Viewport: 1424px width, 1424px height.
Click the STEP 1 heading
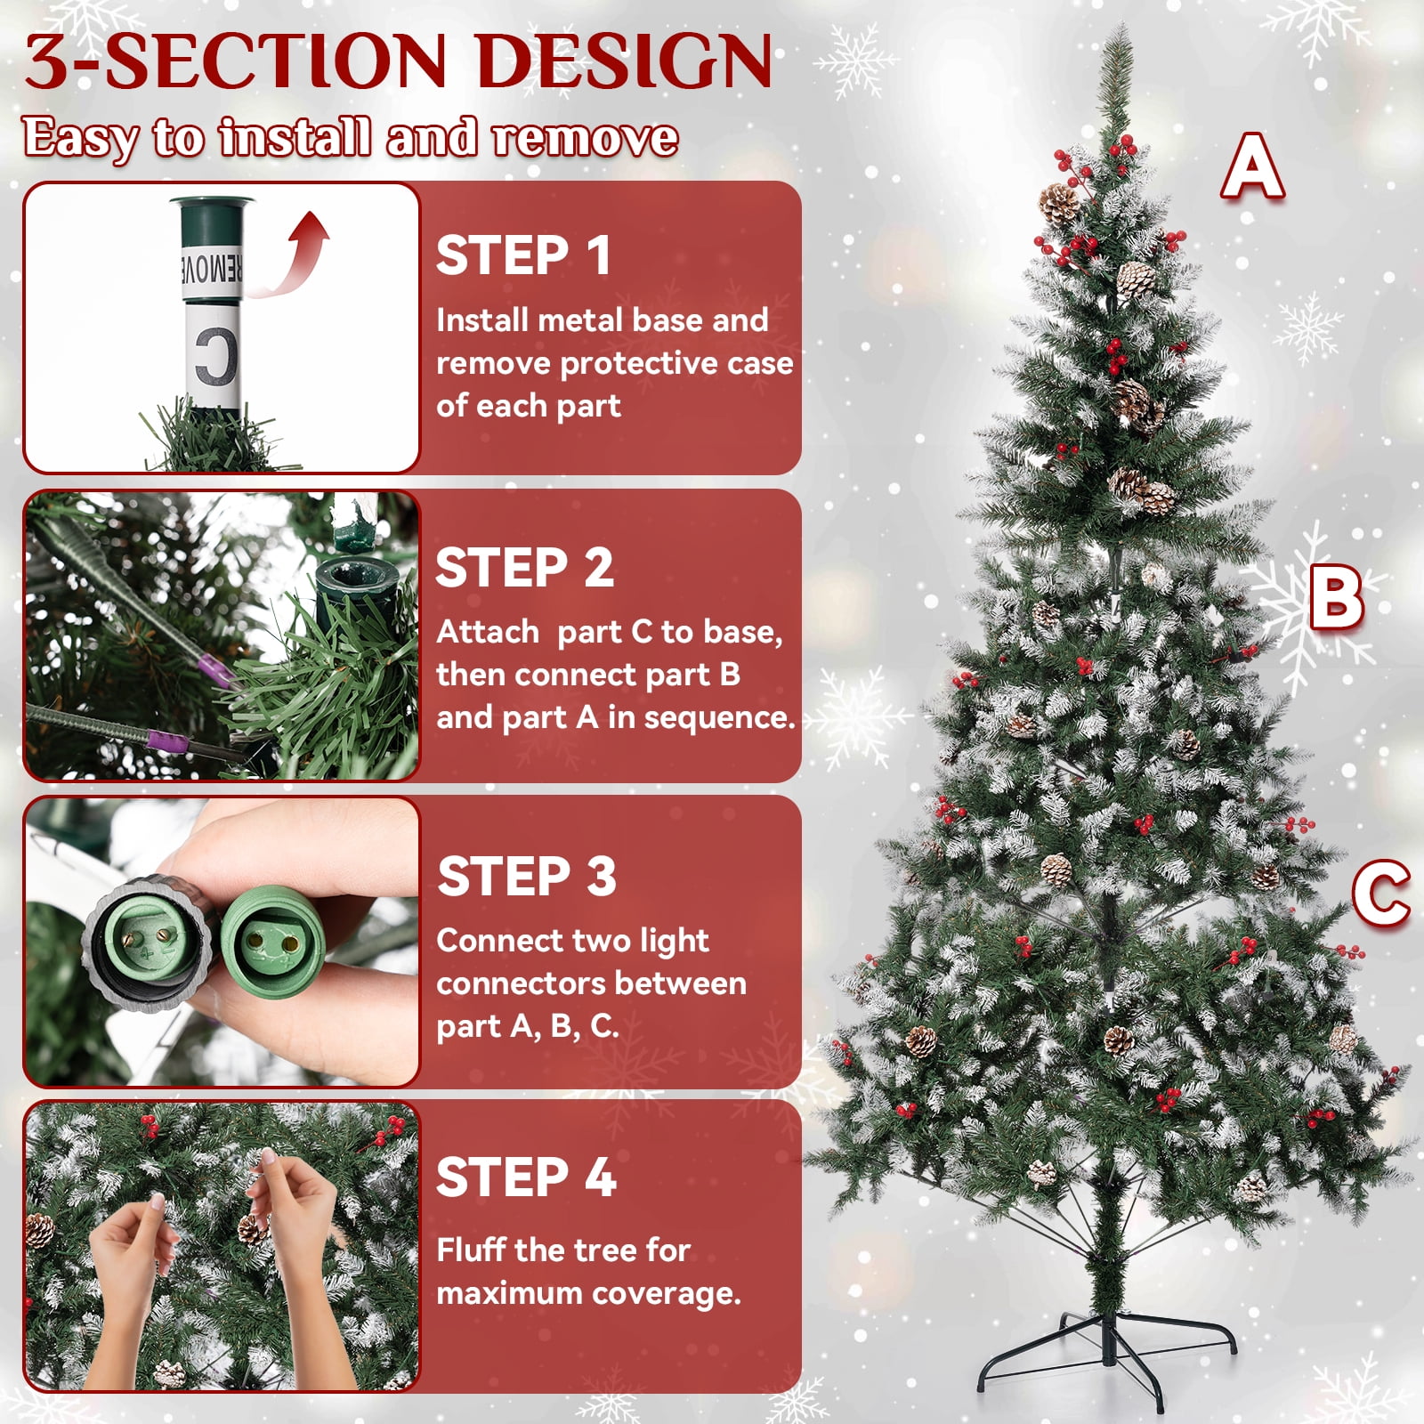523,255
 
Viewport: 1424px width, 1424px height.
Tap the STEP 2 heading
524,568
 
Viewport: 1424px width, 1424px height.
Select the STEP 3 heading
527,877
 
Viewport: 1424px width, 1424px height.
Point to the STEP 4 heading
526,1177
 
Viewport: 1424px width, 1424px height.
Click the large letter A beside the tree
1252,166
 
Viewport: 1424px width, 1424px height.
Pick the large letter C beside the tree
1381,894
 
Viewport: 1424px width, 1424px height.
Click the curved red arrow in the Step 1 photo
294,258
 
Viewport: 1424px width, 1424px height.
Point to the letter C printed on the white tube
216,357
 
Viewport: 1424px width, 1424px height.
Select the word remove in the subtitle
585,139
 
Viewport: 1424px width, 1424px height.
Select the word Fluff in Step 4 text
471,1250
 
